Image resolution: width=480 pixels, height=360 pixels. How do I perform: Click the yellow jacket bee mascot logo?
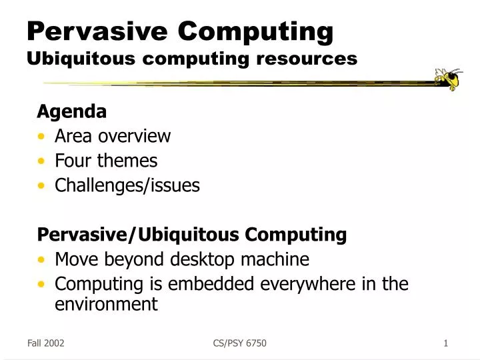point(447,79)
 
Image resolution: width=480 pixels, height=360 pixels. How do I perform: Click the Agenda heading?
point(71,111)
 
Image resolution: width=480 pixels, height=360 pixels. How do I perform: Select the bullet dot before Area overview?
point(43,137)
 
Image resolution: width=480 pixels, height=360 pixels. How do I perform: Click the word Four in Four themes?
point(73,161)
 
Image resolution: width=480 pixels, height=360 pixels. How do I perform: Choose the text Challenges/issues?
point(127,185)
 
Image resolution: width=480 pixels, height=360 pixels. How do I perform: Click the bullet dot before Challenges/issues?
point(43,186)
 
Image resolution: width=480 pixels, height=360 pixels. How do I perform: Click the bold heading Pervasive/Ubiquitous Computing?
point(192,235)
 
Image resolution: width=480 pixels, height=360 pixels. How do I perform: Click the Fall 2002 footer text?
point(45,343)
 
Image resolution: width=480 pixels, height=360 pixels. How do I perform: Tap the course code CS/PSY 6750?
point(239,343)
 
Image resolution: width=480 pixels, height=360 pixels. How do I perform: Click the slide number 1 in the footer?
point(445,343)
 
